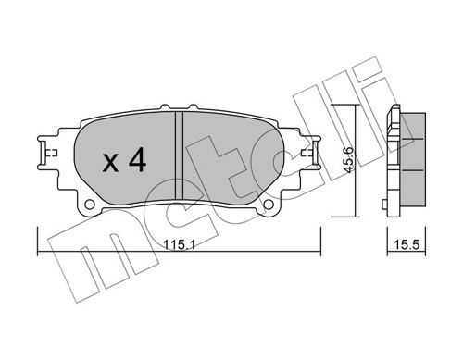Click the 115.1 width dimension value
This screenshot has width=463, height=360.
(180, 245)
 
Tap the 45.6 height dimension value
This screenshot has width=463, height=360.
(349, 160)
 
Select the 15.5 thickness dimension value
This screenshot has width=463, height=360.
(407, 245)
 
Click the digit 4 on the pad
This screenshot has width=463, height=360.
(137, 159)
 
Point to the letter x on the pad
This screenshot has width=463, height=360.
(110, 163)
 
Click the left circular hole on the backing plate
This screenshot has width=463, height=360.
(90, 204)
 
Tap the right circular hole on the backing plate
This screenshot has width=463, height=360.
(269, 204)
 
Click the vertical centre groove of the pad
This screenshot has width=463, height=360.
(179, 155)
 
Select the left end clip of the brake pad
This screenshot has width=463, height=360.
(46, 153)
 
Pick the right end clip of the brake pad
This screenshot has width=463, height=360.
(312, 153)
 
